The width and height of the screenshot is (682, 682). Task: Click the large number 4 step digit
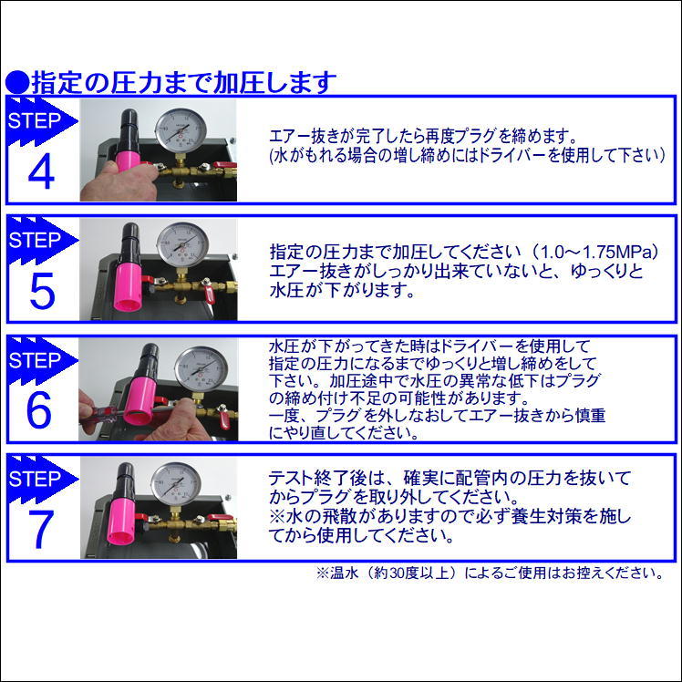(x=42, y=173)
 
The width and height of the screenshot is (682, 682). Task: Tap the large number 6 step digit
(x=39, y=411)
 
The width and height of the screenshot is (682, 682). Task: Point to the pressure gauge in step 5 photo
(x=181, y=245)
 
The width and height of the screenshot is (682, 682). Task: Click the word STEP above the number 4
(x=34, y=121)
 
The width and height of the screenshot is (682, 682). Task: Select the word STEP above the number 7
(x=34, y=479)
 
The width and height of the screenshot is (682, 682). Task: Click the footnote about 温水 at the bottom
(x=488, y=573)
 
